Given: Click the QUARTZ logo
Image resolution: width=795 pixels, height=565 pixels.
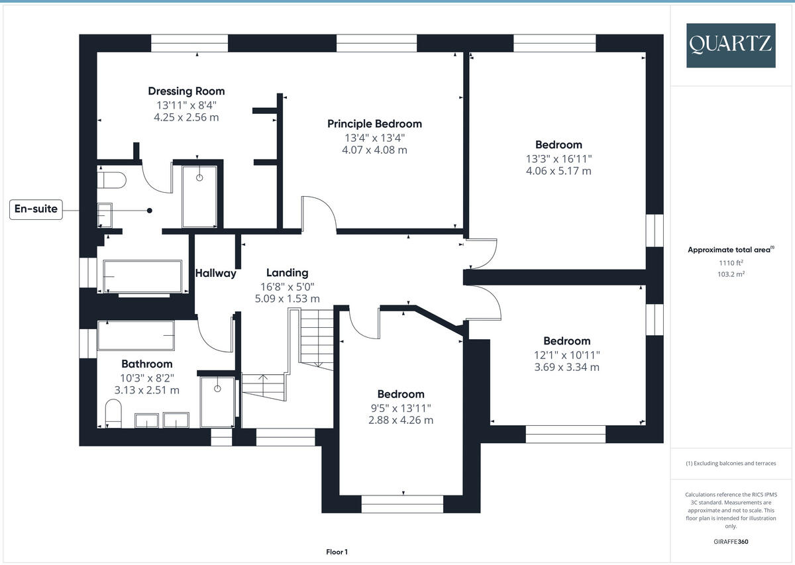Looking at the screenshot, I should click(x=731, y=45).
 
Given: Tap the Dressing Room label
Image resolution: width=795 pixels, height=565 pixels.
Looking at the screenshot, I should click(x=186, y=91).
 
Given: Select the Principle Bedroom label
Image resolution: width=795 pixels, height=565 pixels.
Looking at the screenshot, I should click(x=374, y=124).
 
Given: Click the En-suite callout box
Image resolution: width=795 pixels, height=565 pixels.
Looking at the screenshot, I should click(x=36, y=210).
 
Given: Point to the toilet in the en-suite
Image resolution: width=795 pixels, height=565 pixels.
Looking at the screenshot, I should click(x=111, y=180).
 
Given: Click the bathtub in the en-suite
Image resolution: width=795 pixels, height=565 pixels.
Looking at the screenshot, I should click(x=142, y=276).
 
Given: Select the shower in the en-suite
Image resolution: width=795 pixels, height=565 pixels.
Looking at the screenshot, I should click(x=199, y=196).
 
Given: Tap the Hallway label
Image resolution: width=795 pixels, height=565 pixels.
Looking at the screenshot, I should click(x=215, y=273).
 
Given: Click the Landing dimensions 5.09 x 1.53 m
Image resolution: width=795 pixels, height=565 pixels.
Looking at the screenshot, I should click(x=287, y=299).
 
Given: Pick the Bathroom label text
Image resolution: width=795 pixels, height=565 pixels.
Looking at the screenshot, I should click(x=146, y=364).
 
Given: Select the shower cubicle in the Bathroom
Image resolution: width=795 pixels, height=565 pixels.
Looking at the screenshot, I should click(x=217, y=402).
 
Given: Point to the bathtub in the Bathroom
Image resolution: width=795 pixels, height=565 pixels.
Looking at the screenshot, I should click(x=136, y=336).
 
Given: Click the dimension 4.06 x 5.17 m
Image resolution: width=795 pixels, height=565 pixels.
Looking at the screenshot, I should click(x=558, y=171).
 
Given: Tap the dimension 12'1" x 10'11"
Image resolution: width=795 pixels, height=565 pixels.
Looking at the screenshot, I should click(x=566, y=354).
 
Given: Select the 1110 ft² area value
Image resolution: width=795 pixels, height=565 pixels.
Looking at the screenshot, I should click(x=731, y=263).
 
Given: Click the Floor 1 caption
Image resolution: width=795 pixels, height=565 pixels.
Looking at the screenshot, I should click(x=337, y=552).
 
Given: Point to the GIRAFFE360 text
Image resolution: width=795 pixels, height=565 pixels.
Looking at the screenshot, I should click(x=731, y=541).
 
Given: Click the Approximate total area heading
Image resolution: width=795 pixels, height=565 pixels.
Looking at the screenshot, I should click(x=731, y=250).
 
